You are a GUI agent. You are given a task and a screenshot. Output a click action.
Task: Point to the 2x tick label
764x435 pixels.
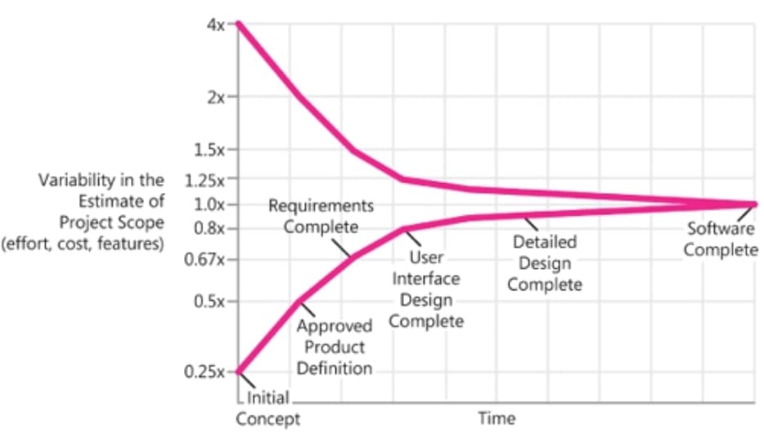click(x=217, y=97)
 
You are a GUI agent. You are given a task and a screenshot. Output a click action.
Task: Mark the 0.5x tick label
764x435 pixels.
click(x=210, y=302)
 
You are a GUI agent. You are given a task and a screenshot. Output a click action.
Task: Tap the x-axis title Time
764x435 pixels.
click(x=497, y=419)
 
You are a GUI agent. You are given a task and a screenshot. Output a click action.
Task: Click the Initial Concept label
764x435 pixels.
click(x=267, y=409)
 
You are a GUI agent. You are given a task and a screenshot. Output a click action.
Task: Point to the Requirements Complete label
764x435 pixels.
click(x=321, y=215)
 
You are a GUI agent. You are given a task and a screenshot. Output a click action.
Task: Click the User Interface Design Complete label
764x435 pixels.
click(x=426, y=289)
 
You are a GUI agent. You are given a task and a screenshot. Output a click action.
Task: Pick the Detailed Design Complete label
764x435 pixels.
click(x=545, y=263)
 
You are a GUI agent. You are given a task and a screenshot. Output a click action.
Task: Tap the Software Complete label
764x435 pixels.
click(x=721, y=240)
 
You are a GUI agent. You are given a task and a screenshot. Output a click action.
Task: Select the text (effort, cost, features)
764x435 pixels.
click(x=83, y=244)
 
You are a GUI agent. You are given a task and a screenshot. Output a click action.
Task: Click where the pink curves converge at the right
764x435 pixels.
click(x=753, y=204)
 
